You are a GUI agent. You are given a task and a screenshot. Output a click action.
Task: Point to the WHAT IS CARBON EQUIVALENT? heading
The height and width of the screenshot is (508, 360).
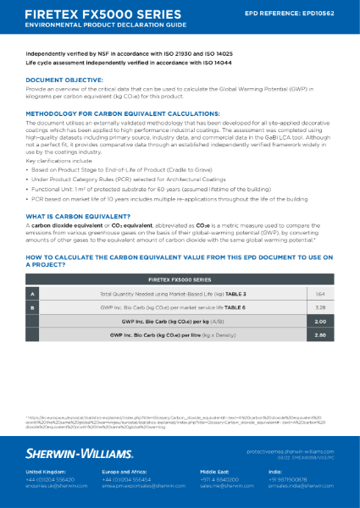(75, 217)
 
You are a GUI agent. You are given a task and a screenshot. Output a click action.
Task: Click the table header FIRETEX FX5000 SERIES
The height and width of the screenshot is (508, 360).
(180, 278)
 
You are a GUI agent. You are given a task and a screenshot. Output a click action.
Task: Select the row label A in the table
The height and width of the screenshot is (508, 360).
(33, 293)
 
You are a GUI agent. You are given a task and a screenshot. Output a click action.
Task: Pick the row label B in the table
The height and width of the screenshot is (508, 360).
(33, 308)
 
